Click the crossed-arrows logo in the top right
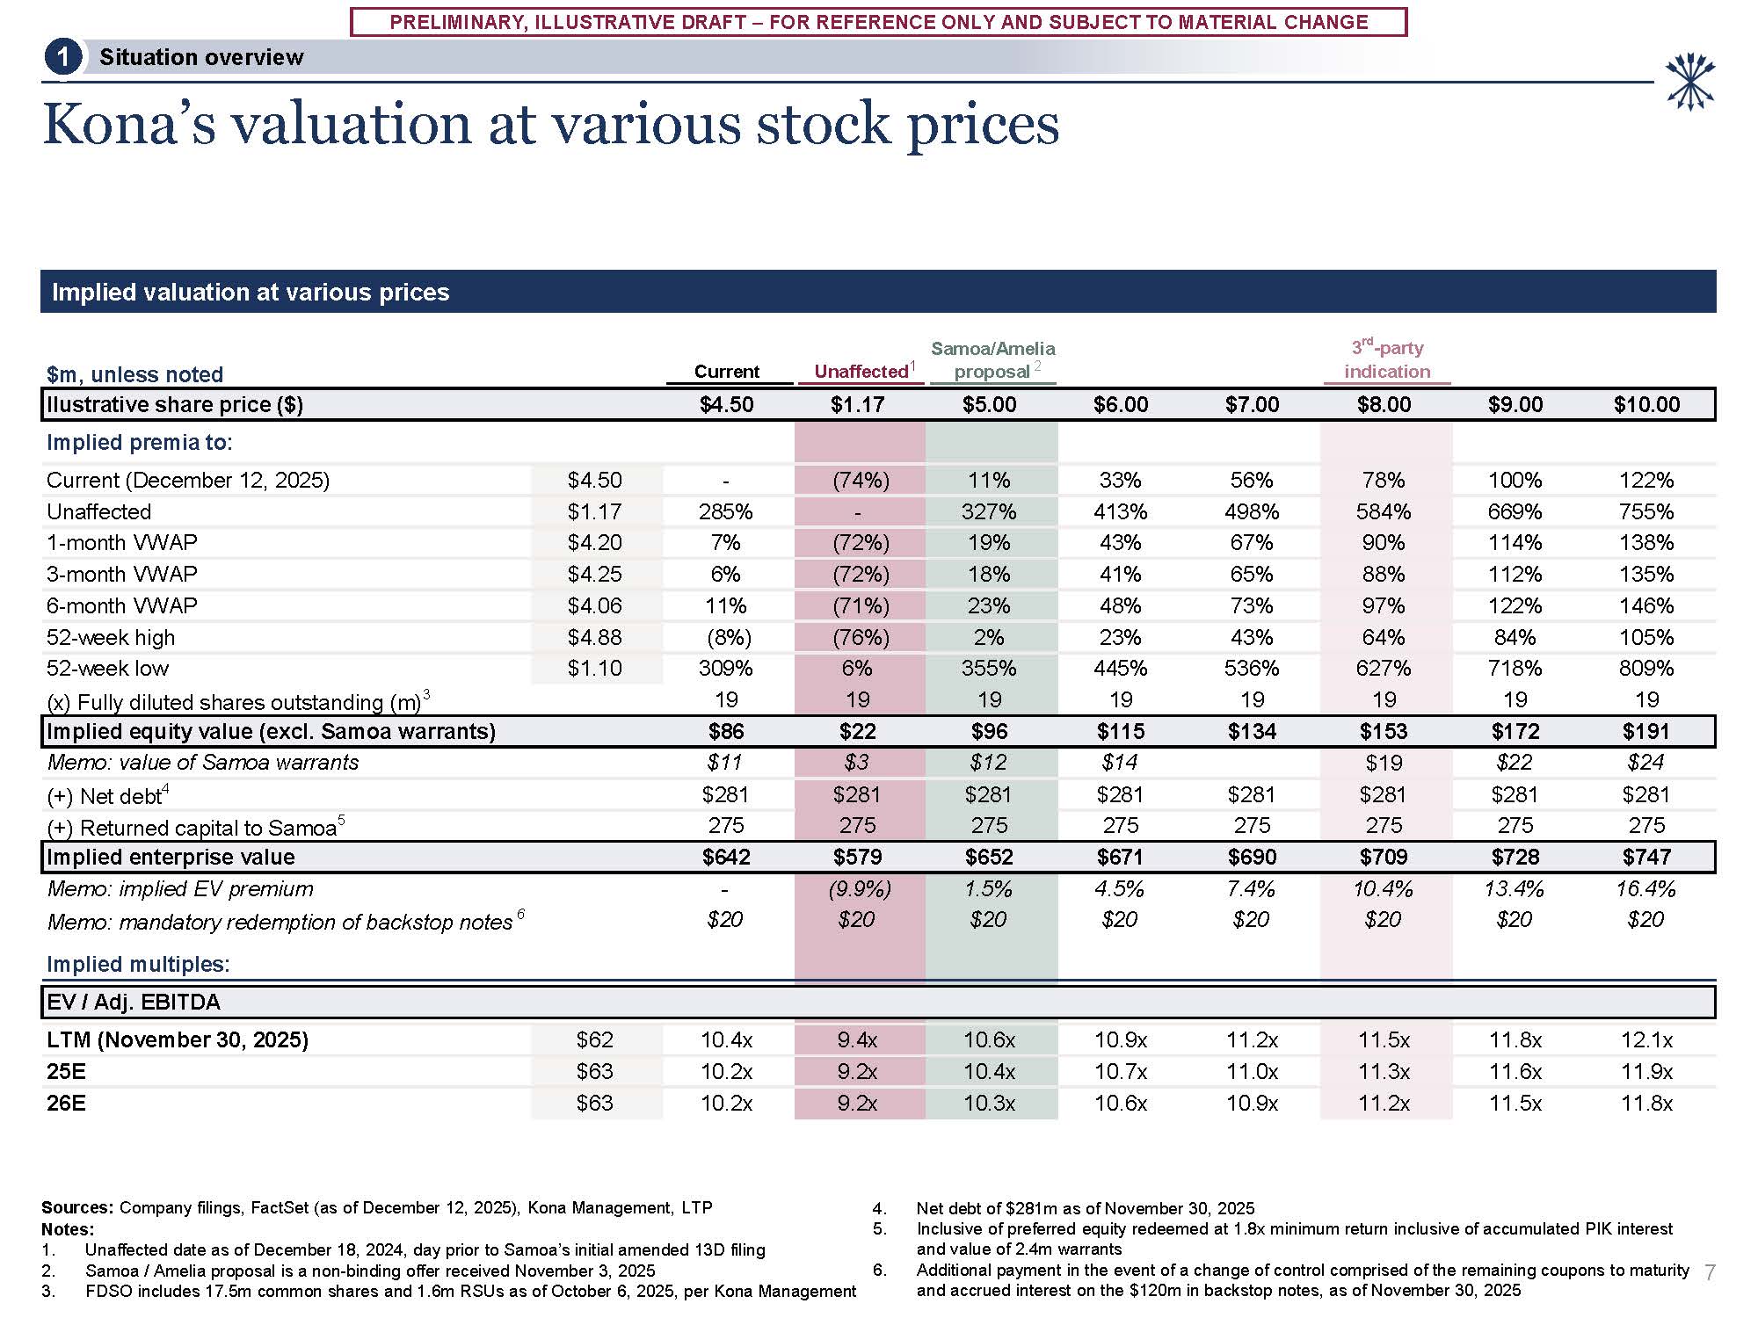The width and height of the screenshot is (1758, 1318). click(1689, 83)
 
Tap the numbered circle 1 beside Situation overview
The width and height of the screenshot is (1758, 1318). click(62, 58)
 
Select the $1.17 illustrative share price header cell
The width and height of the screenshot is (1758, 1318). click(857, 405)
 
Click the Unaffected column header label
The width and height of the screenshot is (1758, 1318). click(861, 372)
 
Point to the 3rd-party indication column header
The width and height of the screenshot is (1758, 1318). click(1387, 360)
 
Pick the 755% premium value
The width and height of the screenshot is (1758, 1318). click(1645, 512)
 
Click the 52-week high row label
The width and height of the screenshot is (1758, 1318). click(111, 638)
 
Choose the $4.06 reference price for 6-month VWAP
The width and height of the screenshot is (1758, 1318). click(595, 606)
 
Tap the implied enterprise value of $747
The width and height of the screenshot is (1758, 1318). click(1646, 858)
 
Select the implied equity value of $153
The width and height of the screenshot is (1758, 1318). click(1384, 732)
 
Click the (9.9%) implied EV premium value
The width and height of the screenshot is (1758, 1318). click(859, 889)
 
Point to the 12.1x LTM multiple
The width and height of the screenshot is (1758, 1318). click(1646, 1040)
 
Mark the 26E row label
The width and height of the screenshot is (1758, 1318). click(66, 1104)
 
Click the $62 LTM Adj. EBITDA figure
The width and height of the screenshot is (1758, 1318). click(595, 1040)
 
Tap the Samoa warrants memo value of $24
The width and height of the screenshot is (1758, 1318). click(1645, 763)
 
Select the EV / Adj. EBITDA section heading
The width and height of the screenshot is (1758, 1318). click(134, 1003)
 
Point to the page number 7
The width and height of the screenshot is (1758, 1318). click(1709, 1272)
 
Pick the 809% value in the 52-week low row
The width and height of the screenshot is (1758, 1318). click(1645, 669)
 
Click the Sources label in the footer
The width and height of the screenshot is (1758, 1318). click(77, 1208)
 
